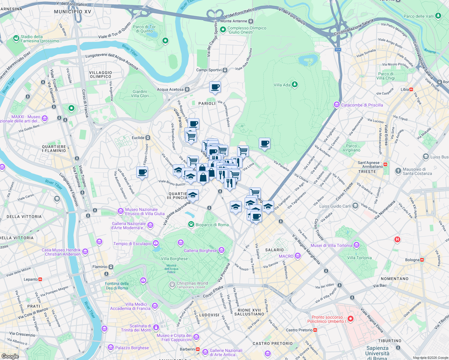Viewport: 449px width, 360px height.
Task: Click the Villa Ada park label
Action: click(x=282, y=85)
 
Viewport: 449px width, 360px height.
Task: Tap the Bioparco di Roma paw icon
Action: click(x=191, y=224)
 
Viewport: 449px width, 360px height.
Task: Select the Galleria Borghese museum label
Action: click(x=200, y=250)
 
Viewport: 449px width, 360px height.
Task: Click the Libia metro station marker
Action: click(x=411, y=89)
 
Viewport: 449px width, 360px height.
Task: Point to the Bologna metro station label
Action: click(x=412, y=260)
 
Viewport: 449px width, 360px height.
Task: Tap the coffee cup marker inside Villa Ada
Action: click(x=264, y=144)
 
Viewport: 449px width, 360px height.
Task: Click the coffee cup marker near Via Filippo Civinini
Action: click(x=142, y=172)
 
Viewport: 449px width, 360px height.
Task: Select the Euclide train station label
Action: click(x=138, y=138)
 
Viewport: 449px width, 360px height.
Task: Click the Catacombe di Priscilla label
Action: click(x=362, y=105)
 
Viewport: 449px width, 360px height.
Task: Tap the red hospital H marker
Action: click(x=397, y=239)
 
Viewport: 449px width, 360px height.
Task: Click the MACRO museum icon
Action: click(x=297, y=256)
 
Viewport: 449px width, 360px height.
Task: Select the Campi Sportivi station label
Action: click(x=209, y=70)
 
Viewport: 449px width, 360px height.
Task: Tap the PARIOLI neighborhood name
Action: click(x=207, y=103)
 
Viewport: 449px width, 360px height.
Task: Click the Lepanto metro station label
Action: click(x=31, y=279)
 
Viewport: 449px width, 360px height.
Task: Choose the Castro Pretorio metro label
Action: click(x=299, y=330)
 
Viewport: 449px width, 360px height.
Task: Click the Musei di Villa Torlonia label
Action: click(x=331, y=245)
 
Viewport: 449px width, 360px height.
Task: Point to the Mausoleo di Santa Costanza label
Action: click(x=417, y=171)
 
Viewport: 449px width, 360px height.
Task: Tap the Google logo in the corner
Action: click(x=10, y=356)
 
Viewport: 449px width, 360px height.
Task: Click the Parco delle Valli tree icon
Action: click(x=438, y=16)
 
